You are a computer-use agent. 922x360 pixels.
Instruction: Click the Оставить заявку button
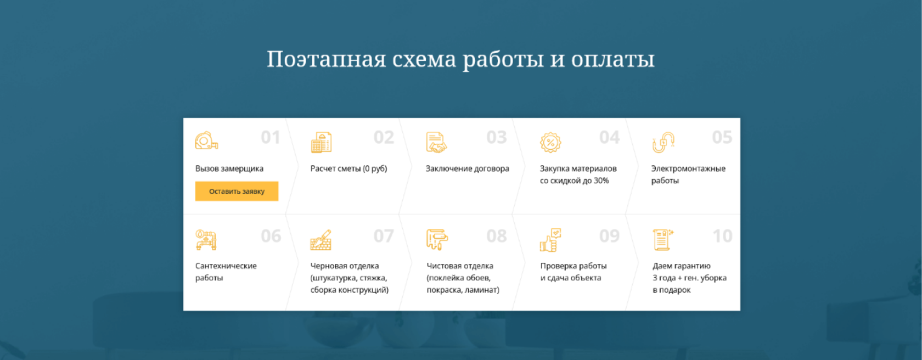[237, 192]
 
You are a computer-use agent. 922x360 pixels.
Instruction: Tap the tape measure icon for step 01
[206, 141]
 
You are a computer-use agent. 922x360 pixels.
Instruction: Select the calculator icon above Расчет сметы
[322, 142]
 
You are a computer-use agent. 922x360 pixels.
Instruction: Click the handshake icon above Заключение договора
[436, 143]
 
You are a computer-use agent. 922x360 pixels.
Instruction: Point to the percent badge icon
[550, 142]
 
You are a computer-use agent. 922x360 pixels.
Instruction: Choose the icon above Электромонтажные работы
[664, 142]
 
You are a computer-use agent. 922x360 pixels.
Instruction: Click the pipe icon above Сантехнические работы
[206, 240]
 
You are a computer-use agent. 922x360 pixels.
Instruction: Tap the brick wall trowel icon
[321, 240]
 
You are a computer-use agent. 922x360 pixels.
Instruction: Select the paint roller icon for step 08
[437, 239]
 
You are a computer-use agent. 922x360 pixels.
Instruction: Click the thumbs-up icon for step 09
[550, 240]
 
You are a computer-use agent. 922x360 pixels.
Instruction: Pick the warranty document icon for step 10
[663, 240]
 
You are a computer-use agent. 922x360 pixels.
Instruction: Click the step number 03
[496, 137]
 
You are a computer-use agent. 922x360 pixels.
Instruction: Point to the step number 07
[384, 236]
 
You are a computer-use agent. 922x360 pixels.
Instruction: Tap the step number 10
[722, 236]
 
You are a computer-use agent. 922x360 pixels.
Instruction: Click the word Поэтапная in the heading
[327, 59]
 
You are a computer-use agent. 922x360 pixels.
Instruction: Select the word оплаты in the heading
[613, 60]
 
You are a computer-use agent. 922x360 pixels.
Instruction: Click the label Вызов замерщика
[229, 168]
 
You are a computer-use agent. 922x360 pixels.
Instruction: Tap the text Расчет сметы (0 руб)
[348, 168]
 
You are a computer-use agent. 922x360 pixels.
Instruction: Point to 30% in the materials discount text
[601, 181]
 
